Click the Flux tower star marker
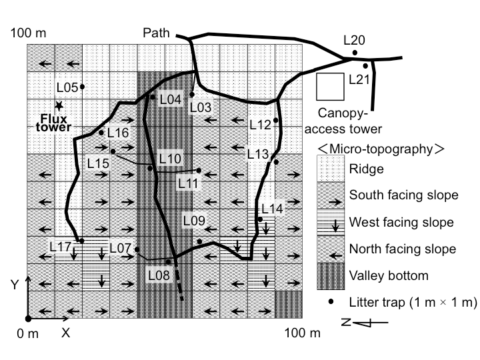click(59, 105)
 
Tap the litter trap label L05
click(67, 87)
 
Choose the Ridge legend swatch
click(329, 168)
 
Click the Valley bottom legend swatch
click(329, 275)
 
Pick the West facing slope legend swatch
click(329, 221)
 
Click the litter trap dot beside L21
click(365, 66)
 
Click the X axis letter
click(65, 331)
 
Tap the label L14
click(271, 209)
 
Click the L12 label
click(260, 123)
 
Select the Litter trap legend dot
click(329, 301)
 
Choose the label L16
click(117, 132)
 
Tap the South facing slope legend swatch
click(329, 195)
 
